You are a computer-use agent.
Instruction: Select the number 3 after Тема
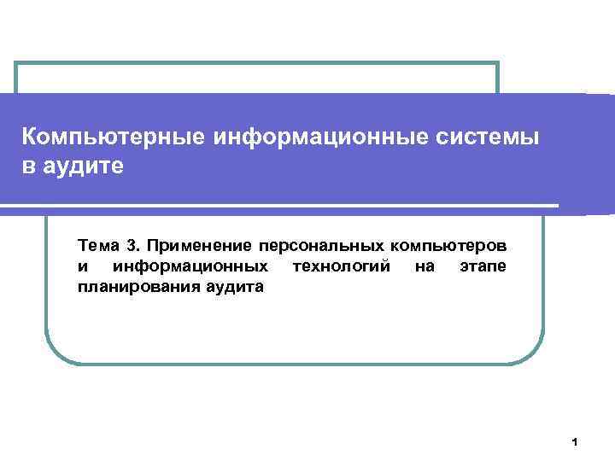click(x=131, y=247)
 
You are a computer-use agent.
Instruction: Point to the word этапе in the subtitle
click(x=483, y=267)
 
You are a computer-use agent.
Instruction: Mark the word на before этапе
click(x=425, y=267)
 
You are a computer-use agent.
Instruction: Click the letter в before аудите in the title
click(x=29, y=165)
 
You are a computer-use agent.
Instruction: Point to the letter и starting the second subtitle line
click(x=81, y=267)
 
